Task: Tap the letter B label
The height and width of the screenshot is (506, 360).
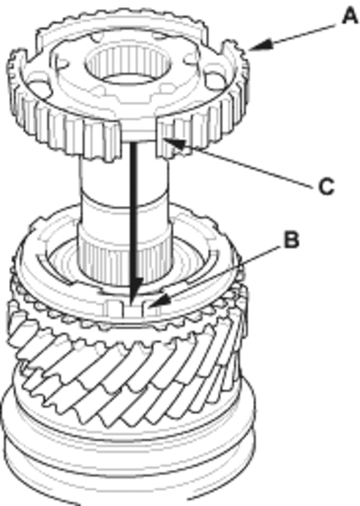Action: [x=292, y=240]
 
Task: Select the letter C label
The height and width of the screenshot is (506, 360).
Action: [x=326, y=186]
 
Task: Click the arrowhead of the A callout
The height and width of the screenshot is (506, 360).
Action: [x=260, y=45]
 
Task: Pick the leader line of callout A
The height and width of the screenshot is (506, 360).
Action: [x=301, y=35]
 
